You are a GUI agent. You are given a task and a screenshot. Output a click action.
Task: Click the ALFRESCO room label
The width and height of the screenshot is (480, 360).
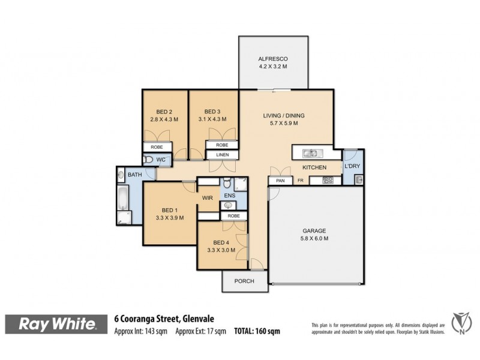pyautogui.click(x=274, y=58)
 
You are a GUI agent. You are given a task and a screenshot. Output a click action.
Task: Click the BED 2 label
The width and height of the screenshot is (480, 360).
pyautogui.click(x=164, y=111)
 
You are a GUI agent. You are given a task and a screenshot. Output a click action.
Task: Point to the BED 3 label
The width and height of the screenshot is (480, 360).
pyautogui.click(x=212, y=111)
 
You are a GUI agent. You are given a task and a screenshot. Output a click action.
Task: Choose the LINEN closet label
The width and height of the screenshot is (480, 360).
pyautogui.click(x=221, y=155)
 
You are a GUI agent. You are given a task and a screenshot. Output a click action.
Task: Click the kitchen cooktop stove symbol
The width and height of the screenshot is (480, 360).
pyautogui.click(x=328, y=180)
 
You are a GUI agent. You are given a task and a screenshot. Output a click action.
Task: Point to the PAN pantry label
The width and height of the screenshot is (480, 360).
pyautogui.click(x=280, y=181)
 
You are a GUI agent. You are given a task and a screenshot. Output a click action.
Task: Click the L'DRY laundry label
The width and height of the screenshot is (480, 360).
pyautogui.click(x=351, y=167)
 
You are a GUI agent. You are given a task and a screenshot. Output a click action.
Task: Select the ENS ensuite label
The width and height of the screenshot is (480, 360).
pyautogui.click(x=229, y=196)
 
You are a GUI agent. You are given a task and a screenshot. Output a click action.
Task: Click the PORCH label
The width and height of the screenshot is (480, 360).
pyautogui.click(x=245, y=281)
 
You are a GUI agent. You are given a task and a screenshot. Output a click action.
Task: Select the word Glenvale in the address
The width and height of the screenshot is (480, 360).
pyautogui.click(x=197, y=319)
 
